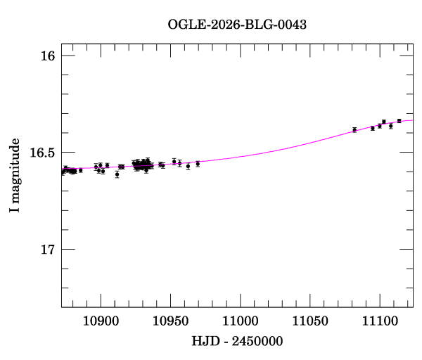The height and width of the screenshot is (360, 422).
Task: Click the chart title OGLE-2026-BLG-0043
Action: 237,25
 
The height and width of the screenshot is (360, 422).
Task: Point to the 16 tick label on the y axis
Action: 47,56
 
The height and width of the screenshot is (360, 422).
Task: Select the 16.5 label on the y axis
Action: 41,153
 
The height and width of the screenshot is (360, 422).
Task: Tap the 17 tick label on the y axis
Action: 47,250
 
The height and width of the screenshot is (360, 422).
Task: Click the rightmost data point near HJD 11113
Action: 399,121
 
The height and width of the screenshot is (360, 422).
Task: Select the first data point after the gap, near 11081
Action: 354,129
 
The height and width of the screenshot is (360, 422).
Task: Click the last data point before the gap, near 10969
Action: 198,164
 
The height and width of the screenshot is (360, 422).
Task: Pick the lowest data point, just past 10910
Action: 117,174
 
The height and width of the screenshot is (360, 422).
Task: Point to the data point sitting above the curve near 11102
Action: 384,122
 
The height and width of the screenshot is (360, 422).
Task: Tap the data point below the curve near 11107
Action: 391,126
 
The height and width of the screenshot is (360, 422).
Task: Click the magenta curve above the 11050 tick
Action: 310,146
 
